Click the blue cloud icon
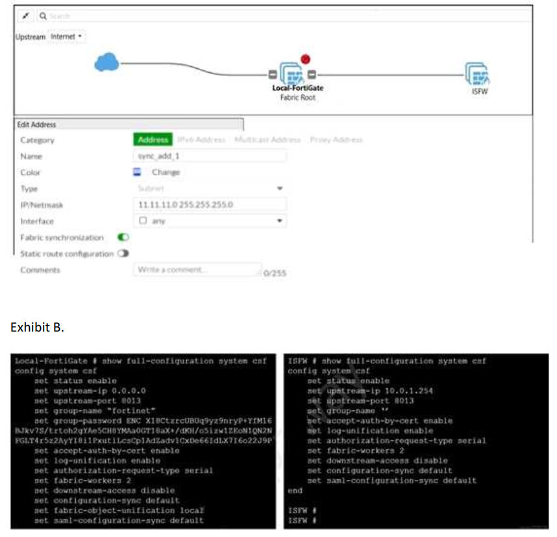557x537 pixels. (106, 62)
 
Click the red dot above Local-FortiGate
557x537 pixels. (306, 60)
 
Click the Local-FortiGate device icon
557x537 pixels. (293, 73)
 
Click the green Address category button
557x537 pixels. (153, 139)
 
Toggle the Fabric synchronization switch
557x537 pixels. (122, 237)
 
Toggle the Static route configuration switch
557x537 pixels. (123, 254)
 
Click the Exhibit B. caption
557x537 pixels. (37, 327)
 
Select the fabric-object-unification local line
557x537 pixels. (119, 510)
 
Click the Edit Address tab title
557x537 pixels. (36, 124)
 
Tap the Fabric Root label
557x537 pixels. (298, 98)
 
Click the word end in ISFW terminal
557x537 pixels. (295, 491)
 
